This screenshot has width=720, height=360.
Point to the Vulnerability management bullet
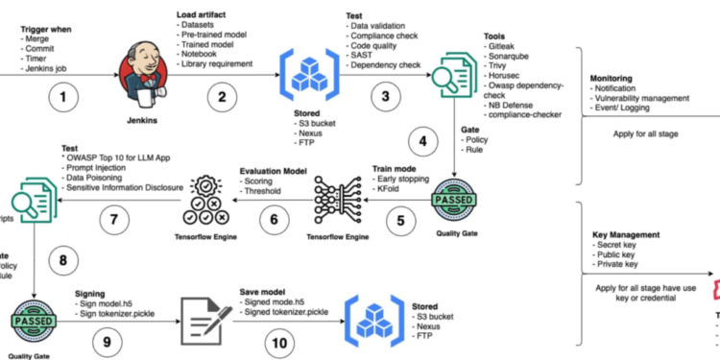(642, 99)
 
